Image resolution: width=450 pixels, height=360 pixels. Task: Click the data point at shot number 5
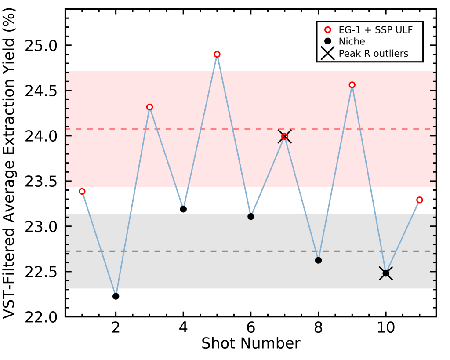(x=217, y=54)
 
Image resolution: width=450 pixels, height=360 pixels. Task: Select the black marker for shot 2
(x=116, y=296)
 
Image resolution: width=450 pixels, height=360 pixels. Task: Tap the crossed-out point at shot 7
(x=285, y=136)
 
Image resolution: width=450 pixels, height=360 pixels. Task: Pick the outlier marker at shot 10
(x=386, y=273)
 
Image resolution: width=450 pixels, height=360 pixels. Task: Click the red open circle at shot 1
(x=82, y=191)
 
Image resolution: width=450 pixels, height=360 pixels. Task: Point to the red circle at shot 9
(x=352, y=85)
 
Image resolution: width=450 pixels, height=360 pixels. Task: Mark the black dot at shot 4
(x=183, y=209)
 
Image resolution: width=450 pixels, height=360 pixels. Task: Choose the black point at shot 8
(x=318, y=260)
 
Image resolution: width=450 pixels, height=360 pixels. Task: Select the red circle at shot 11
(x=420, y=200)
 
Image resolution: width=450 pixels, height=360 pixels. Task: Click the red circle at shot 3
(x=149, y=107)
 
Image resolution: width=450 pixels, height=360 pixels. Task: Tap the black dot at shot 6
(x=251, y=216)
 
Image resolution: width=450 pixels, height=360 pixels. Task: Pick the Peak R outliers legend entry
(x=373, y=54)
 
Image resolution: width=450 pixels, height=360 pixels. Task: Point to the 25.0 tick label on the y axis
(x=44, y=46)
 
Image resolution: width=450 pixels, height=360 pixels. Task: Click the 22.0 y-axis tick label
(x=44, y=317)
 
